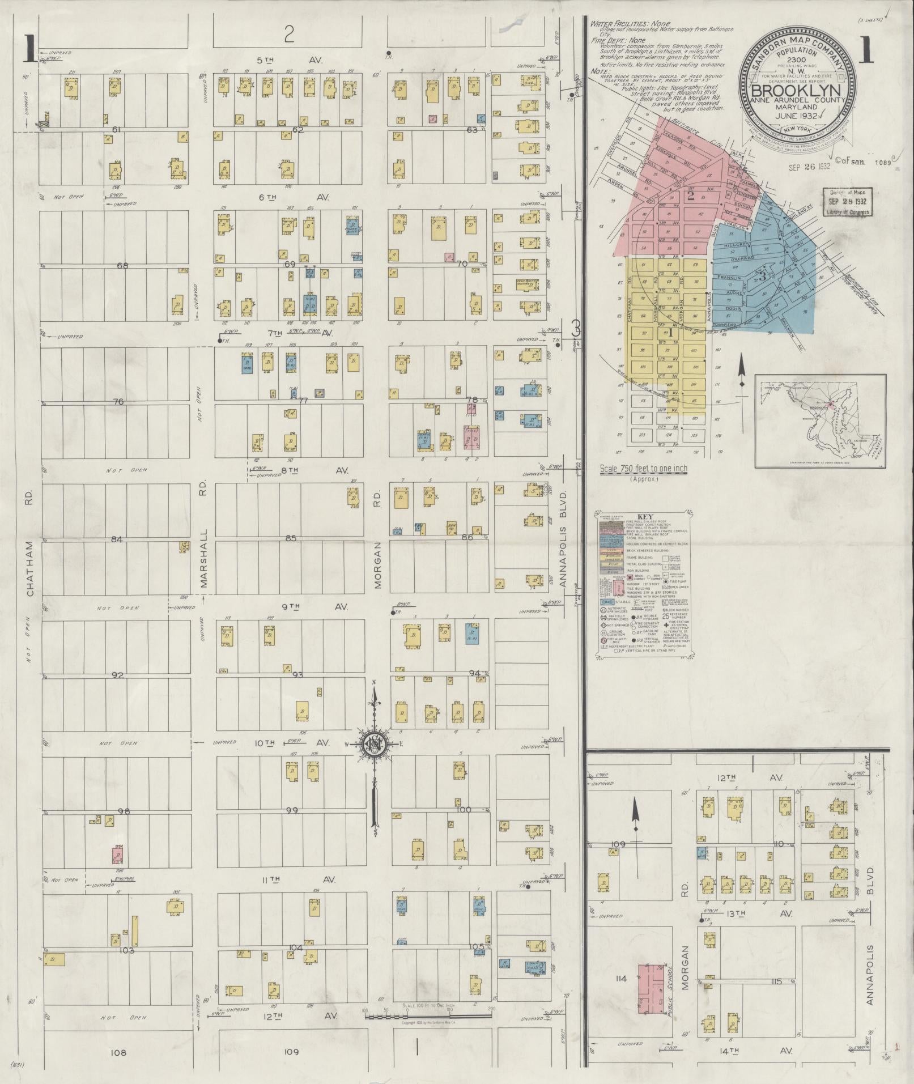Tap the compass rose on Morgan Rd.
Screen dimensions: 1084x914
(375, 743)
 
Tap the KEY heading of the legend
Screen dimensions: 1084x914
(645, 517)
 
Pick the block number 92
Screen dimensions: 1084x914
(117, 675)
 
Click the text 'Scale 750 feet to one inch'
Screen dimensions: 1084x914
(643, 469)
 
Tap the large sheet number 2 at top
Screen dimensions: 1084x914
(290, 36)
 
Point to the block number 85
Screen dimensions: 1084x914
(290, 538)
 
